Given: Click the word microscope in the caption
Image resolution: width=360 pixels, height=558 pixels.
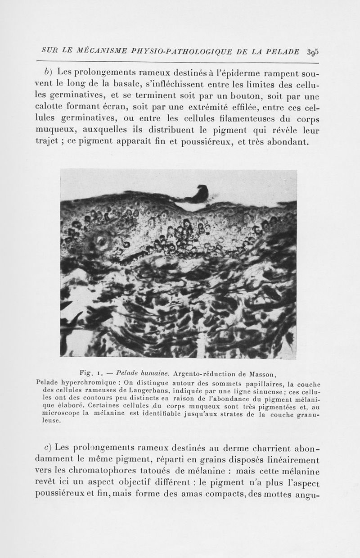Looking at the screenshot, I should (61, 413).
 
